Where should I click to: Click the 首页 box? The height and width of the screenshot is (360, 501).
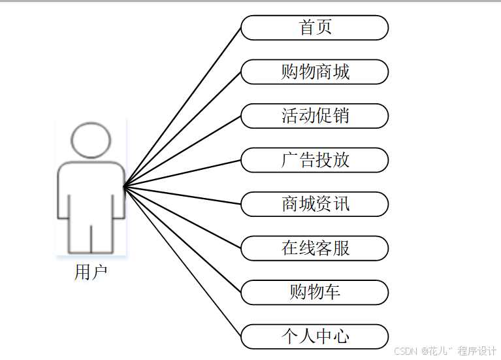click(315, 27)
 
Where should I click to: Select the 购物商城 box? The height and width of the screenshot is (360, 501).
click(315, 72)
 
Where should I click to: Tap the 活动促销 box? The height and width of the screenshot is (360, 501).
click(315, 116)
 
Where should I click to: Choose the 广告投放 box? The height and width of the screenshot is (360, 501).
click(315, 160)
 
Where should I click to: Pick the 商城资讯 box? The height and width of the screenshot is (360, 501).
click(315, 204)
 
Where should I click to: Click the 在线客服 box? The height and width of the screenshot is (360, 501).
click(315, 248)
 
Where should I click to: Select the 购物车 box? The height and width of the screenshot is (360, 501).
click(315, 292)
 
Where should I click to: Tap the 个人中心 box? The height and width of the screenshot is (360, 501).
click(315, 336)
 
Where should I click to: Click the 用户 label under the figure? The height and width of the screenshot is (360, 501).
click(91, 272)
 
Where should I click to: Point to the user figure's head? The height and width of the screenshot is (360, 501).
click(91, 140)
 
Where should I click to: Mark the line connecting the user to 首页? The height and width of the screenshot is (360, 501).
click(182, 107)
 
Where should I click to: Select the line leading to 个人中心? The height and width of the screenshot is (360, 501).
click(182, 262)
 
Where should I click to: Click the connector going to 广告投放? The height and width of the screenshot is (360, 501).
click(182, 173)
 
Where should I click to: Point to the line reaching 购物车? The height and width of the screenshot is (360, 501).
click(182, 240)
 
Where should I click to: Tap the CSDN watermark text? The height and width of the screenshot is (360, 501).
click(406, 351)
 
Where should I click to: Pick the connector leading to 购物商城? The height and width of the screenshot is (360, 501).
click(182, 129)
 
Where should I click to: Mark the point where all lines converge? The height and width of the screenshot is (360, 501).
click(123, 187)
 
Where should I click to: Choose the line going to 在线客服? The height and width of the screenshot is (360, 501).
click(182, 218)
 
